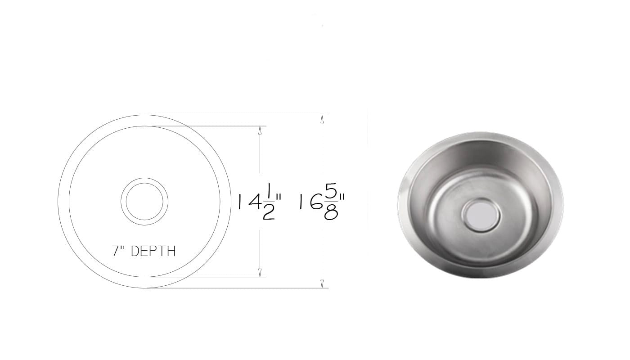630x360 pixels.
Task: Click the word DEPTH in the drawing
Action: click(x=153, y=251)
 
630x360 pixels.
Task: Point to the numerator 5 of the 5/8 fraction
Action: click(x=331, y=192)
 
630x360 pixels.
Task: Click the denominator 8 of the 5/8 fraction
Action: click(x=331, y=212)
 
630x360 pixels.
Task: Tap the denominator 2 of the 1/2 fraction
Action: click(x=269, y=212)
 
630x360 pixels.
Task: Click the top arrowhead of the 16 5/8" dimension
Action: click(x=322, y=119)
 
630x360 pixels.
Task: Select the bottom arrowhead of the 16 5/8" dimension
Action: click(x=322, y=284)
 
